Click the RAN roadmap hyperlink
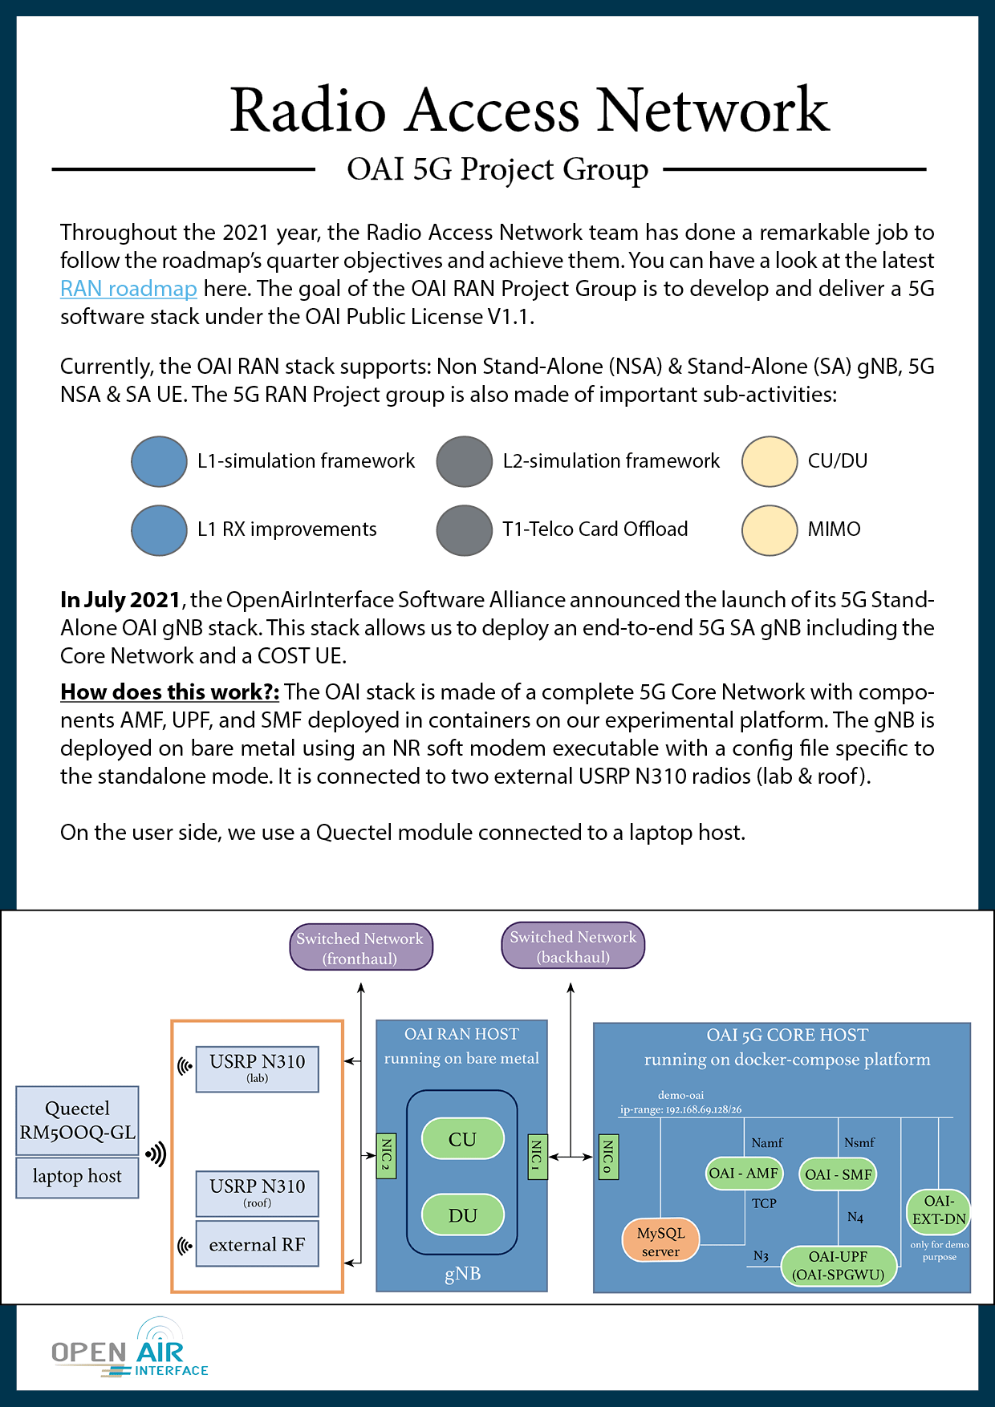(x=128, y=289)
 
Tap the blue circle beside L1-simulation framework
(x=159, y=461)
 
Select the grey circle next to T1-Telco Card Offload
(x=464, y=530)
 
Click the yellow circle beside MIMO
(x=770, y=530)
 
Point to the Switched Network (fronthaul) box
(x=360, y=947)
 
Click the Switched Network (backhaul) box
(x=573, y=947)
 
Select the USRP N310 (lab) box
(x=257, y=1068)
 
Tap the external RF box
(x=257, y=1244)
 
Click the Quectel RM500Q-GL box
(x=77, y=1121)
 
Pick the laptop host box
(x=77, y=1177)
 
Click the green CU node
(x=462, y=1139)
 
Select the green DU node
(x=462, y=1215)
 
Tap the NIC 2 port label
(x=386, y=1155)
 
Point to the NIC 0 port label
(x=608, y=1156)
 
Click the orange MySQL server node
(x=660, y=1241)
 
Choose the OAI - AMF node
(x=743, y=1174)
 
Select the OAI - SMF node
(x=839, y=1174)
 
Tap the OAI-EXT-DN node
(x=939, y=1210)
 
